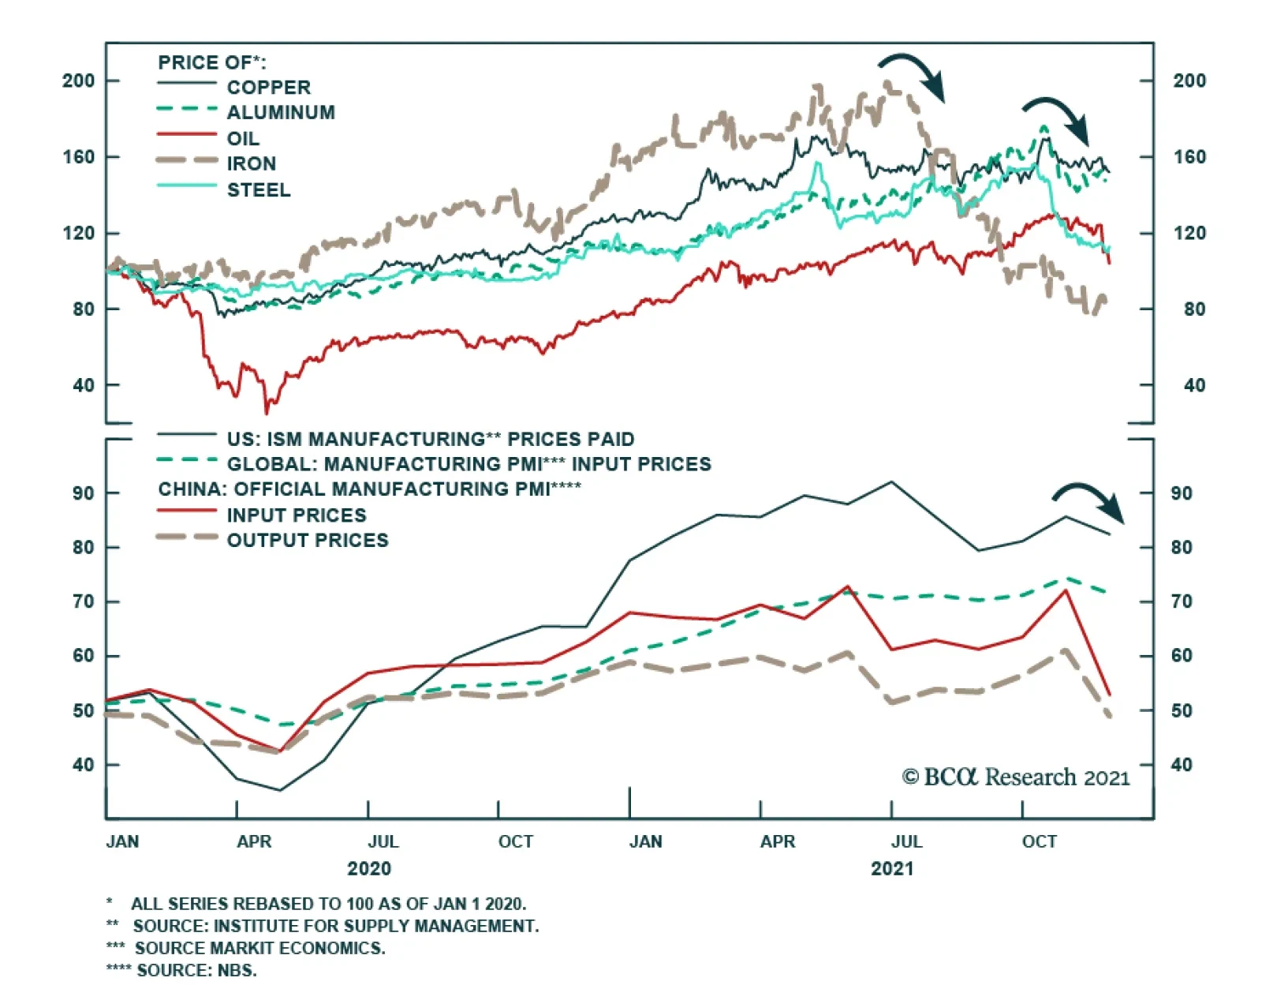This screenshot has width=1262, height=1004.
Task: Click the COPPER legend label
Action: pos(268,88)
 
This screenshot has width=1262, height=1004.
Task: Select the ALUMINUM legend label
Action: pos(281,113)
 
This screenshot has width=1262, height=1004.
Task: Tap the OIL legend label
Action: pos(243,139)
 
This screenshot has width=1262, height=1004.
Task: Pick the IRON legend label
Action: pos(252,164)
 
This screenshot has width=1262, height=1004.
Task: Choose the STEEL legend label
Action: pos(259,190)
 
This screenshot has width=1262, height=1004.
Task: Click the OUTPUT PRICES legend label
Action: pos(308,541)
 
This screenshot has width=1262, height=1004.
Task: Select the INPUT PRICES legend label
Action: pos(297,515)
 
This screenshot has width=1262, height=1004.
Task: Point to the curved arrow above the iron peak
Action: pos(913,75)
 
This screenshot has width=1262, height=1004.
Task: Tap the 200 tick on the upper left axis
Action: pos(78,81)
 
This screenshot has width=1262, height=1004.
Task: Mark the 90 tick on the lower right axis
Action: pos(1181,493)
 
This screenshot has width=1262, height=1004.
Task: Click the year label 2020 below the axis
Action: pos(368,869)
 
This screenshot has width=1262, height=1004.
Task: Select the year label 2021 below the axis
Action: pos(892,869)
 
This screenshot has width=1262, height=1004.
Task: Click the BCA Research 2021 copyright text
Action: pos(1016,777)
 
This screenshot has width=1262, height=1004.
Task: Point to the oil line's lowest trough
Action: pos(266,410)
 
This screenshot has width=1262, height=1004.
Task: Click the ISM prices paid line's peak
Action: pos(891,481)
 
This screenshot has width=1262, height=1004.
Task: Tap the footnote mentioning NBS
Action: pos(182,970)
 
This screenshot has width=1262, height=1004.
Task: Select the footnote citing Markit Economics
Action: pos(246,948)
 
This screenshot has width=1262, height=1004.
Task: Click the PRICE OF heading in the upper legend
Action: pos(211,62)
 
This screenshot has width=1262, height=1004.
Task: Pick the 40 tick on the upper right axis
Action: pos(1194,385)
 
